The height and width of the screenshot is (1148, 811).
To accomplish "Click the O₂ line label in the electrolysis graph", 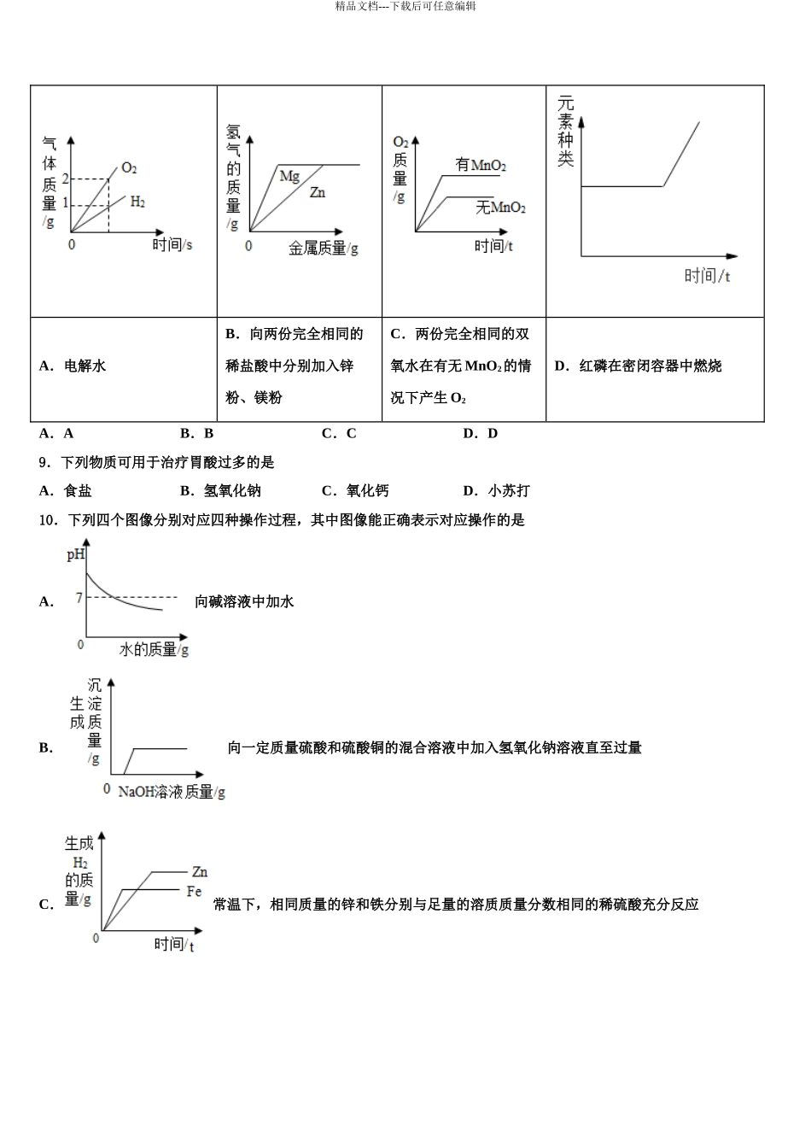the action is pyautogui.click(x=129, y=168).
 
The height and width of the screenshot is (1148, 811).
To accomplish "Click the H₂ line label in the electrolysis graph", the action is pyautogui.click(x=137, y=202).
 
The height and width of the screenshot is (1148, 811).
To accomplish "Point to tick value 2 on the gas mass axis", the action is pyautogui.click(x=65, y=179).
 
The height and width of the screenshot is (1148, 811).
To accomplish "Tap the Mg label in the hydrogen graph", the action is pyautogui.click(x=289, y=176).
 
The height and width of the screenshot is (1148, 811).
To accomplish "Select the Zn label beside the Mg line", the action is pyautogui.click(x=317, y=193).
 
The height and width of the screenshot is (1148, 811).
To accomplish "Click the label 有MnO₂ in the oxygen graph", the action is pyautogui.click(x=481, y=165).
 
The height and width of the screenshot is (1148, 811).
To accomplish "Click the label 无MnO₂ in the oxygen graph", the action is pyautogui.click(x=500, y=208).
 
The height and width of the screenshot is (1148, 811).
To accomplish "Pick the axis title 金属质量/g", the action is pyautogui.click(x=323, y=248).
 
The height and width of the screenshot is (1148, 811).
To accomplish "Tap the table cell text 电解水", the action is pyautogui.click(x=85, y=366).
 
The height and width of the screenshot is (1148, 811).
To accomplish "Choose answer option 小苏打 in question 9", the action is pyautogui.click(x=508, y=490).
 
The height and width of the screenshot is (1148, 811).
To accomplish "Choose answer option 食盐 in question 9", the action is pyautogui.click(x=78, y=490).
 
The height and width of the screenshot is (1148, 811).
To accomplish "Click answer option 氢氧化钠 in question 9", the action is pyautogui.click(x=232, y=490).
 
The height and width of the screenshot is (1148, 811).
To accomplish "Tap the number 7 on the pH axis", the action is pyautogui.click(x=79, y=597).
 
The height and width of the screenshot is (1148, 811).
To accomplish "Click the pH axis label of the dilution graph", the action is pyautogui.click(x=76, y=555).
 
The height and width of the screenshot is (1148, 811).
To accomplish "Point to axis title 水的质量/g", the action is pyautogui.click(x=154, y=650).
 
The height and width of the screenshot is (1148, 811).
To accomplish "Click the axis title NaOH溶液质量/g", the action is pyautogui.click(x=171, y=792).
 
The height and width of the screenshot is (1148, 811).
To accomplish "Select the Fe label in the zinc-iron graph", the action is pyautogui.click(x=194, y=892).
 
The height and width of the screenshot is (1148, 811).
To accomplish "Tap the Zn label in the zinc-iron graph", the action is pyautogui.click(x=199, y=872).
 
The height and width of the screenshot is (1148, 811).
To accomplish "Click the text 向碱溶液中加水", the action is pyautogui.click(x=244, y=601).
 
